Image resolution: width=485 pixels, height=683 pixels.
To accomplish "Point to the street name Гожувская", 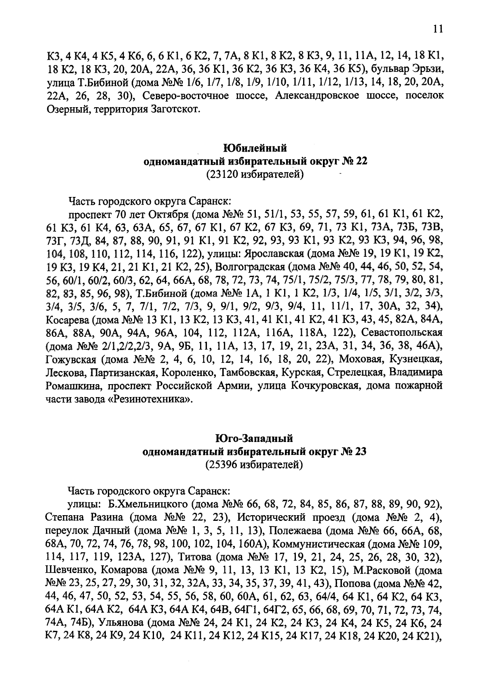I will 71,359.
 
